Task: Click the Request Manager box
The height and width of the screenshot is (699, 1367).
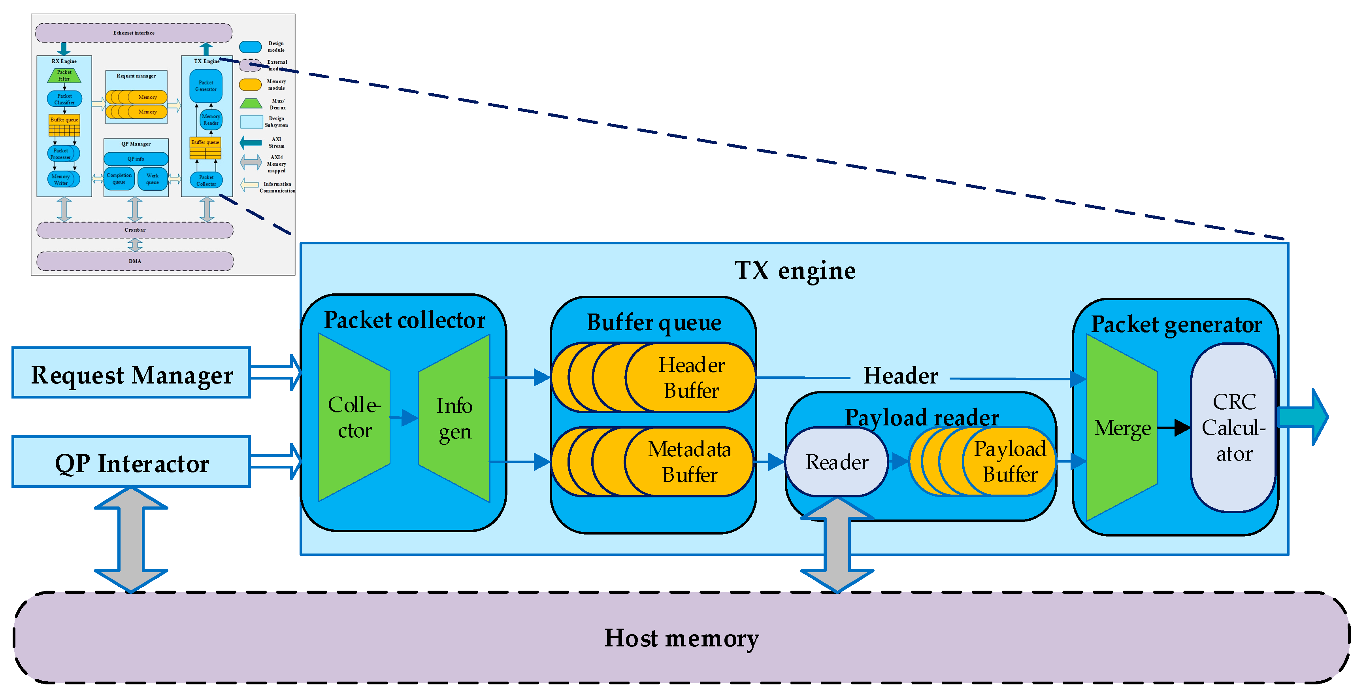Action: (131, 373)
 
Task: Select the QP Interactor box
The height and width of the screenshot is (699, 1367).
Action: (131, 462)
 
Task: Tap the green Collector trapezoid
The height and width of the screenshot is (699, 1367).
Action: (354, 418)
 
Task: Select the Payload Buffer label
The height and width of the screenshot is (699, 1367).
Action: (1009, 462)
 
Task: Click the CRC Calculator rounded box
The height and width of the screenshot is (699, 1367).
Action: (1233, 428)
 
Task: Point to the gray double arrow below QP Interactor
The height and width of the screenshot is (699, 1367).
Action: (131, 539)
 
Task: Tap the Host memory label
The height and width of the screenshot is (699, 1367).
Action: (681, 638)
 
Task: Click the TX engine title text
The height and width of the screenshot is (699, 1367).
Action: (794, 271)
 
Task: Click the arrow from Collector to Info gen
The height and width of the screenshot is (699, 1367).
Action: (404, 418)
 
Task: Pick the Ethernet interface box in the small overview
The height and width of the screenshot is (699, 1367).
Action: (134, 33)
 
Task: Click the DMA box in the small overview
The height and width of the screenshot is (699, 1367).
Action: (135, 261)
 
